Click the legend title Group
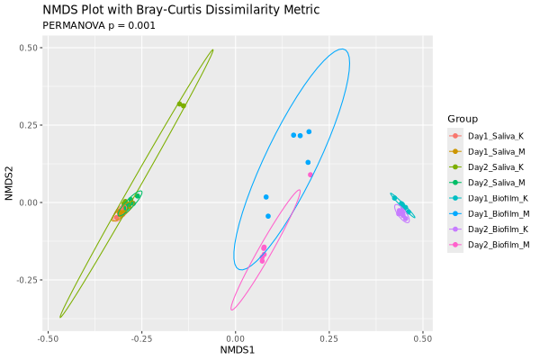click(x=462, y=119)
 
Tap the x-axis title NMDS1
click(x=238, y=349)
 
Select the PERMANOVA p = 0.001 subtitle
click(x=99, y=25)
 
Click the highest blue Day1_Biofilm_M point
click(x=309, y=131)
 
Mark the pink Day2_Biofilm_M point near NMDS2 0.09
click(x=310, y=175)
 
